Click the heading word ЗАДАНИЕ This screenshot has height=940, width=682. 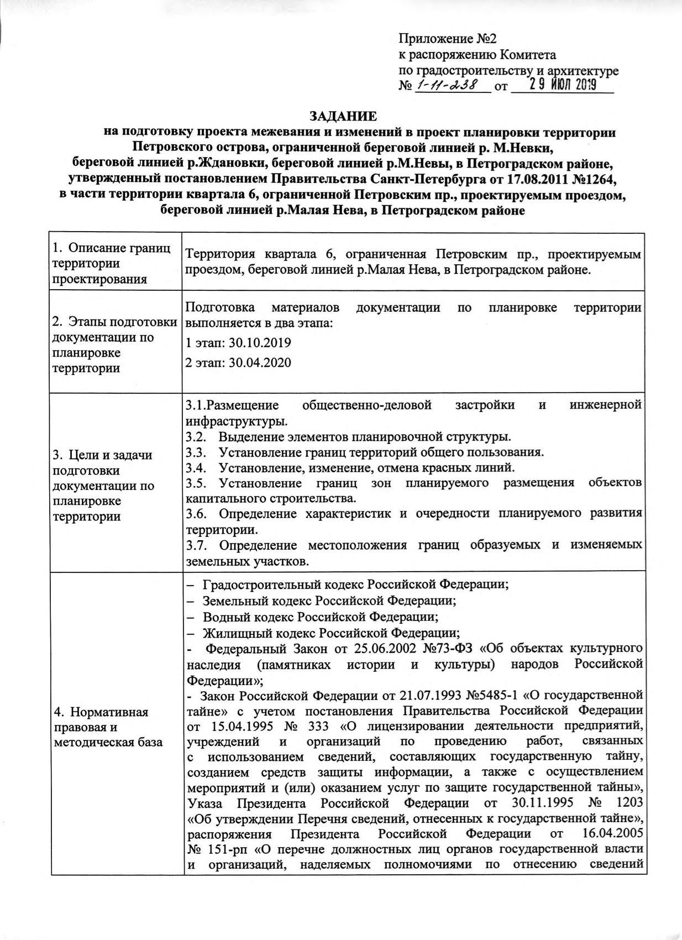pyautogui.click(x=343, y=116)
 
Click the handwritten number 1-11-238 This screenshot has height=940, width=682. pyautogui.click(x=449, y=86)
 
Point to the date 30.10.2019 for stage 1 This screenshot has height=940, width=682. pyautogui.click(x=260, y=342)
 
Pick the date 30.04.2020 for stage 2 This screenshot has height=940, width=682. pyautogui.click(x=260, y=362)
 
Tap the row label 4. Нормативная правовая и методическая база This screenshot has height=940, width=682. pyautogui.click(x=101, y=727)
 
